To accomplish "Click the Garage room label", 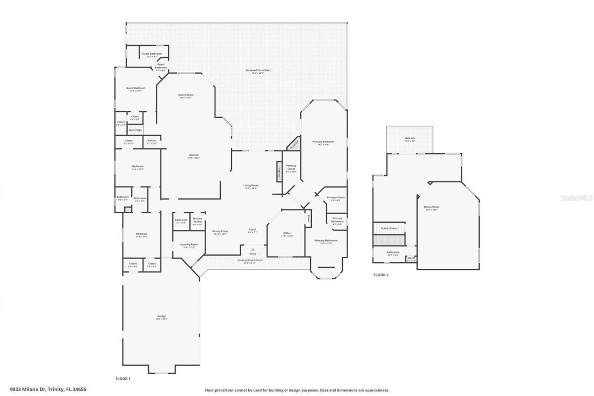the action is coord(161,317).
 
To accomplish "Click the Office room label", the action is coord(287,234).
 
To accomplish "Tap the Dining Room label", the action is coord(220,232).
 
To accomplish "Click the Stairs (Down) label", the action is coord(389,228).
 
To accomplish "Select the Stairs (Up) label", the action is coord(135,130).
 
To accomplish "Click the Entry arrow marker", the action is coord(253,250).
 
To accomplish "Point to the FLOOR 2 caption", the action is coord(381,275).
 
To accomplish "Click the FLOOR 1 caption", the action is coord(123,379).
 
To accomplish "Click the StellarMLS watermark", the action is coord(576,198).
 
